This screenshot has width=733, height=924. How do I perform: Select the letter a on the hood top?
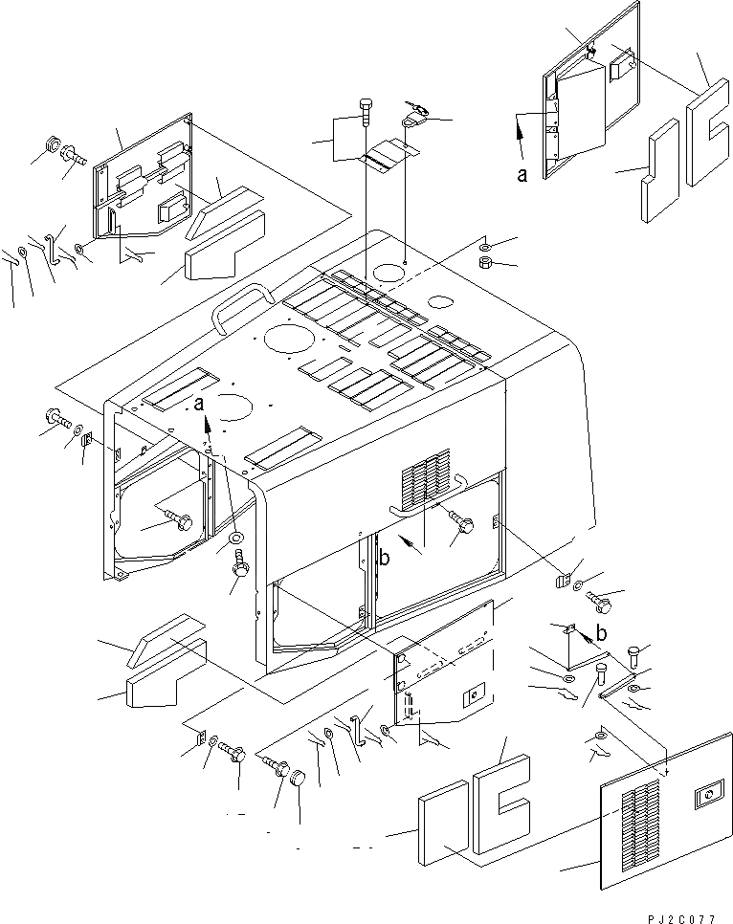pyautogui.click(x=199, y=405)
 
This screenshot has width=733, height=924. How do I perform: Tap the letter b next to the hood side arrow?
pyautogui.click(x=385, y=561)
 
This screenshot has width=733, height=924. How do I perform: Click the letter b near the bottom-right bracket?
pyautogui.click(x=601, y=632)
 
